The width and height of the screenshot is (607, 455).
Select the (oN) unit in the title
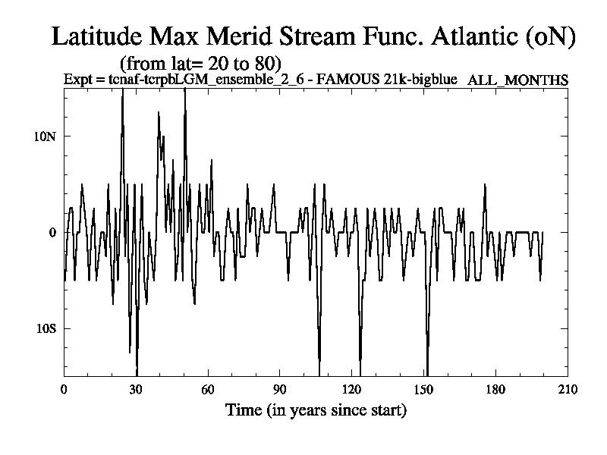tap(549, 36)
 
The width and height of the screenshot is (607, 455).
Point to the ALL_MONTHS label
tap(518, 79)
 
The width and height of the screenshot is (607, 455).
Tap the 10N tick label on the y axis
tap(46, 136)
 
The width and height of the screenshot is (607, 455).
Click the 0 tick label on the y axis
tap(53, 232)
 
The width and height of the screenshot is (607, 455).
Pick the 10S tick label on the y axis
tap(46, 328)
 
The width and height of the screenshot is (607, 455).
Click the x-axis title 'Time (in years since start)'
tap(316, 410)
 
